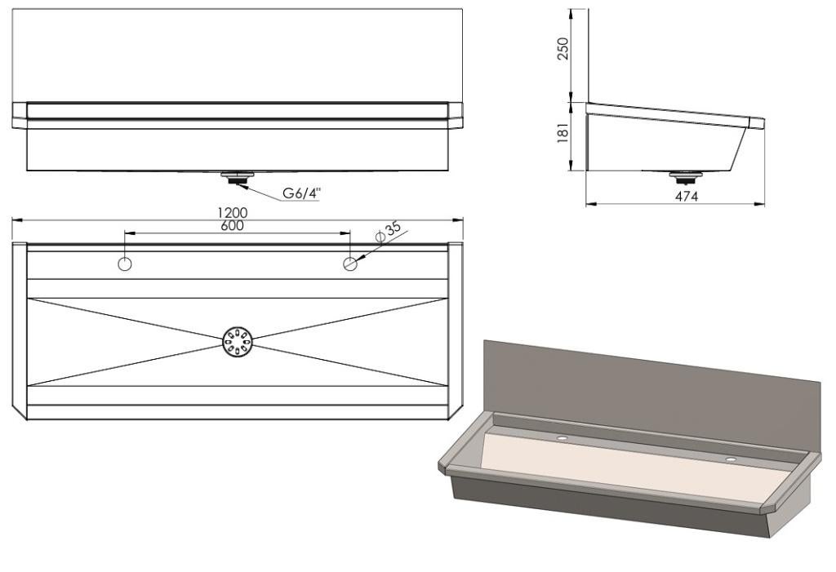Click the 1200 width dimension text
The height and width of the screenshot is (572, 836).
pyautogui.click(x=237, y=213)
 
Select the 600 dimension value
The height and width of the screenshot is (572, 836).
pyautogui.click(x=237, y=226)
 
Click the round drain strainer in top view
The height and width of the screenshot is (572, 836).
pyautogui.click(x=238, y=341)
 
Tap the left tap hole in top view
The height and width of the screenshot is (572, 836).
pyautogui.click(x=125, y=263)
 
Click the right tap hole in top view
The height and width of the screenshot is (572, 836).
pyautogui.click(x=350, y=263)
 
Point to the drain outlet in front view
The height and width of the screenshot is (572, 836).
pyautogui.click(x=238, y=175)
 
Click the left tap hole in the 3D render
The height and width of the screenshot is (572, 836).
pyautogui.click(x=563, y=438)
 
